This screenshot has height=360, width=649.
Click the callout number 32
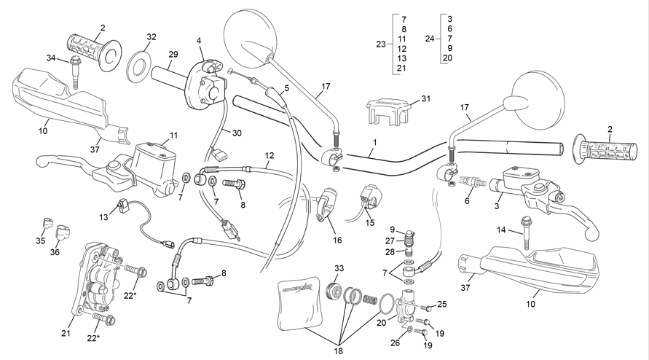pyautogui.click(x=152, y=37)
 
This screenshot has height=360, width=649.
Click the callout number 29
pyautogui.click(x=173, y=54)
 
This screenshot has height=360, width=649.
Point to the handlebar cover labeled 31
pyautogui.click(x=386, y=111)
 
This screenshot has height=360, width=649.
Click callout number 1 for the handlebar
pyautogui.click(x=374, y=143)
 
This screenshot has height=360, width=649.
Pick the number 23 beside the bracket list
pyautogui.click(x=381, y=44)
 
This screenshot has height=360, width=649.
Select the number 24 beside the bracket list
pyautogui.click(x=430, y=39)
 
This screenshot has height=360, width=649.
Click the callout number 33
pyautogui.click(x=339, y=268)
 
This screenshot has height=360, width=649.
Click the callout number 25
pyautogui.click(x=442, y=304)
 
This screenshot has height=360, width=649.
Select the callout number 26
pyautogui.click(x=396, y=343)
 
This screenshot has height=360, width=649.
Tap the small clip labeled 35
pyautogui.click(x=48, y=222)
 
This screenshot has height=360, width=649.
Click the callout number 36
pyautogui.click(x=55, y=252)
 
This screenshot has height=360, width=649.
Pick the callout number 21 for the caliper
pyautogui.click(x=66, y=333)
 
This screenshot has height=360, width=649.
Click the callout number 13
pyautogui.click(x=103, y=217)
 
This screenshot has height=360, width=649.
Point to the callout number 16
pyautogui.click(x=337, y=240)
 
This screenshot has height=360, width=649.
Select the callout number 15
pyautogui.click(x=369, y=222)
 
